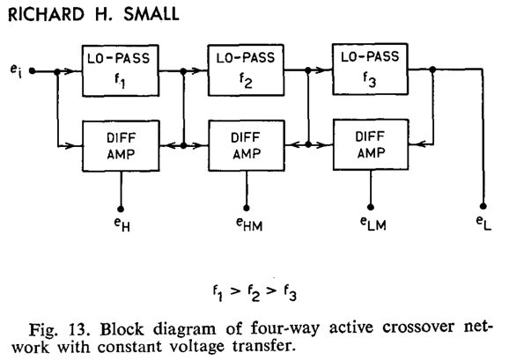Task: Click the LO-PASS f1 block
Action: tap(121, 70)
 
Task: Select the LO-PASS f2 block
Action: tap(246, 70)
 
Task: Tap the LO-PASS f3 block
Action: tap(370, 69)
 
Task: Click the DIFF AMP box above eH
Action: tap(121, 146)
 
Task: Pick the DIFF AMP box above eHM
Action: tap(247, 145)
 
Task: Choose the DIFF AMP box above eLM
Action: tap(371, 144)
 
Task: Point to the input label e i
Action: tap(16, 71)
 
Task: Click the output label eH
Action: tap(122, 224)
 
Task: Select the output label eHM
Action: tap(249, 224)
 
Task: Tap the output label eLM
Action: tap(373, 224)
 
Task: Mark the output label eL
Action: tap(483, 223)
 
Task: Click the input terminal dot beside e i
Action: tap(32, 70)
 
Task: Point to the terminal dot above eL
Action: tap(483, 206)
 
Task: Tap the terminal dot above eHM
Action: tap(247, 208)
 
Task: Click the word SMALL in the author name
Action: tap(151, 15)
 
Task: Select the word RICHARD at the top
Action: tap(46, 15)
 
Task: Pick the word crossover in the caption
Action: tap(418, 327)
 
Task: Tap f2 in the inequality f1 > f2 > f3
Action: tap(254, 292)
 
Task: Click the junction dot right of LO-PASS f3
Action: tap(432, 69)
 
